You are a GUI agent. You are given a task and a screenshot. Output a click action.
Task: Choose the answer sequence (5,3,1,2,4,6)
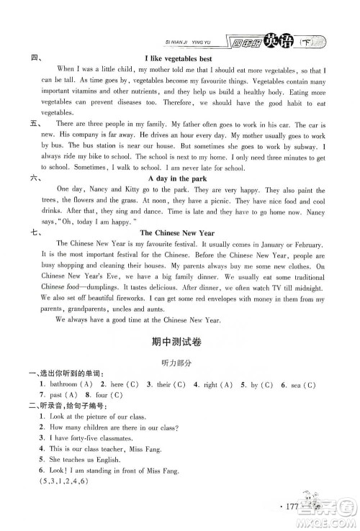(69, 510)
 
